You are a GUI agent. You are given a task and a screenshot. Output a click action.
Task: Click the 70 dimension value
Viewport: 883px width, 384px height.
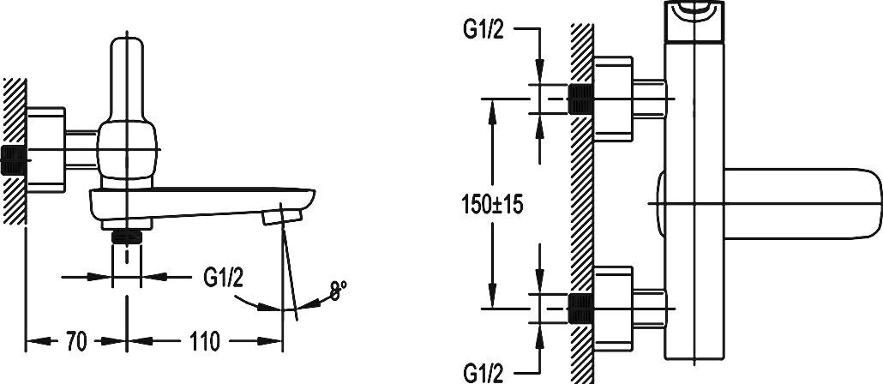coord(76,341)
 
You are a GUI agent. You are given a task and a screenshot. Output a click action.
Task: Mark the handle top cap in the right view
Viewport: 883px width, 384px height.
coord(695,15)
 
